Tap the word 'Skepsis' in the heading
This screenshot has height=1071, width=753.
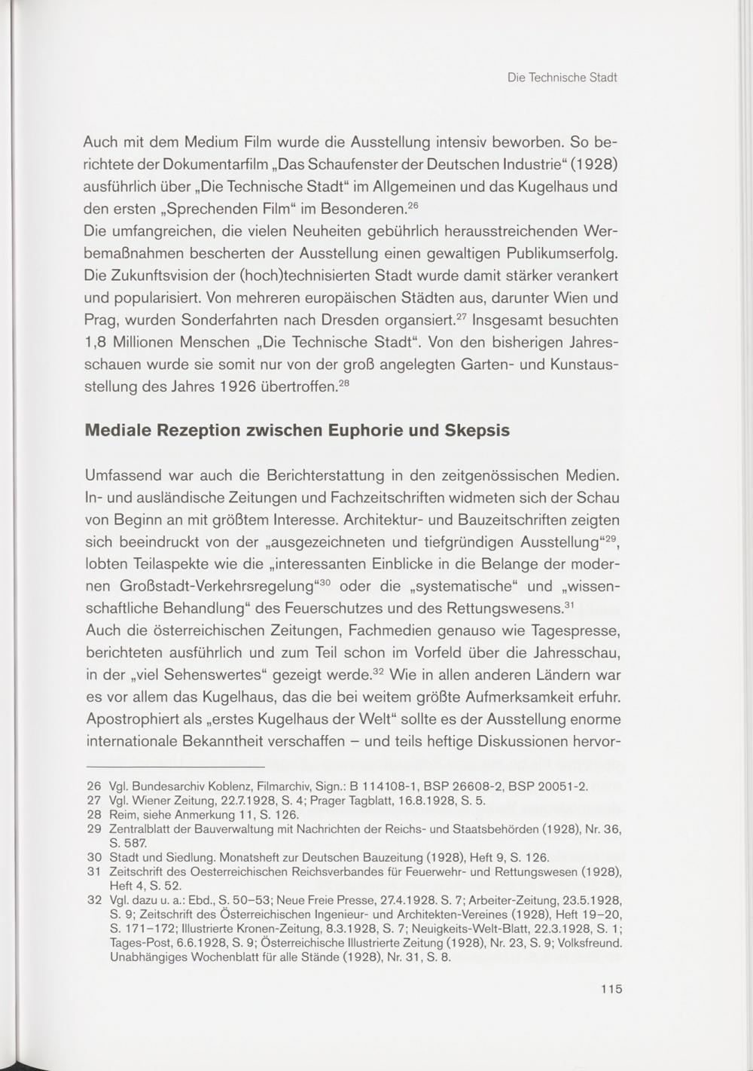[x=478, y=431]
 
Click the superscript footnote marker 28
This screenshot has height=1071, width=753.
[x=343, y=384]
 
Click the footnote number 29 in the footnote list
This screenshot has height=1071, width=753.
[x=94, y=829]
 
